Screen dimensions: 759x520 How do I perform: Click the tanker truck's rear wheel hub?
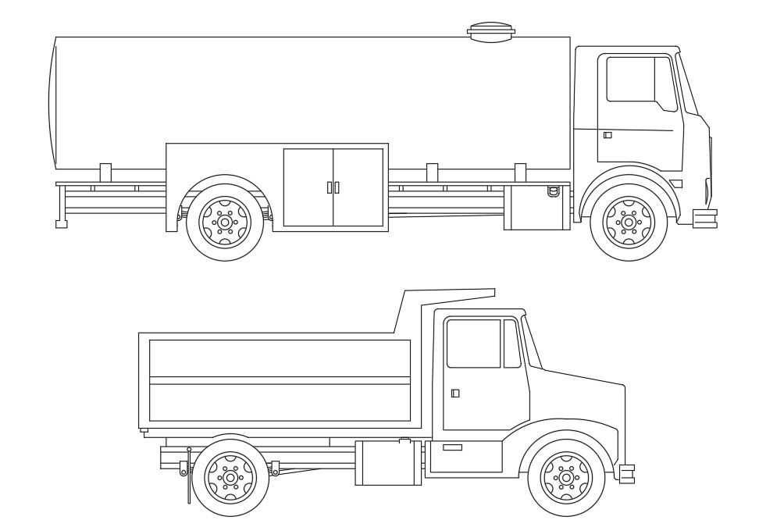click(x=225, y=222)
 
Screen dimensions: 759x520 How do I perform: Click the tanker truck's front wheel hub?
click(x=628, y=222)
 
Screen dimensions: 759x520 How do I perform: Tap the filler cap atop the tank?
click(x=491, y=31)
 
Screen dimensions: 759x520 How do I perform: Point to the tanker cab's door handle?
click(x=608, y=135)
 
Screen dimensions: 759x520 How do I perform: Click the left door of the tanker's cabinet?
click(x=308, y=187)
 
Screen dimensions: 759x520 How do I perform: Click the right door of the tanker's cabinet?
click(x=358, y=187)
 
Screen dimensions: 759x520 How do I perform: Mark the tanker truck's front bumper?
click(x=705, y=219)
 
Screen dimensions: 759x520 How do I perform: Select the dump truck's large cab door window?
click(x=473, y=343)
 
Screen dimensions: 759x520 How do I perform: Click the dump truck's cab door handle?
click(x=455, y=393)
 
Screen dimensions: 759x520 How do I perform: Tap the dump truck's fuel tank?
click(x=387, y=462)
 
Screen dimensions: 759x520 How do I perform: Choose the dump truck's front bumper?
click(x=627, y=472)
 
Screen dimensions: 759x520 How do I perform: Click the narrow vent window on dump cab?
click(x=511, y=344)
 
